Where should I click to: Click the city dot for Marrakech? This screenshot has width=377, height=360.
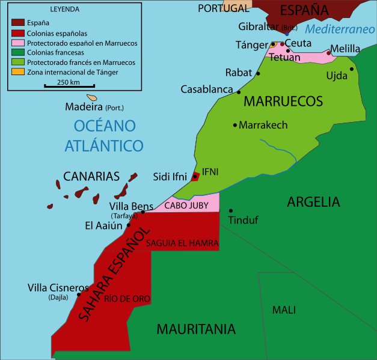pos(235,125)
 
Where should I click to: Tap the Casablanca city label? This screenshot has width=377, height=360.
pos(206,90)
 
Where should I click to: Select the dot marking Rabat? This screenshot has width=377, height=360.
pos(259,73)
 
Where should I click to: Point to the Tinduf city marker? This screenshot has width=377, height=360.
pos(230,210)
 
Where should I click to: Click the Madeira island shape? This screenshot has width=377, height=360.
pos(91,97)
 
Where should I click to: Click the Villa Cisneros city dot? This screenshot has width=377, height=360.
pos(79,294)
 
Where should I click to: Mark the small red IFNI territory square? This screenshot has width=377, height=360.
pos(195,176)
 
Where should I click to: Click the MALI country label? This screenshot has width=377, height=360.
pos(284,310)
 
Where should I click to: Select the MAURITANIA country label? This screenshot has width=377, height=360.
pos(195,329)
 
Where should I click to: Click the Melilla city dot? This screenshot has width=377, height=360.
pos(328,53)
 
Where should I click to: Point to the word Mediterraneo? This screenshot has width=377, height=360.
pos(340,29)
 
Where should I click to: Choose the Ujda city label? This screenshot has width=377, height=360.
pos(337,76)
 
